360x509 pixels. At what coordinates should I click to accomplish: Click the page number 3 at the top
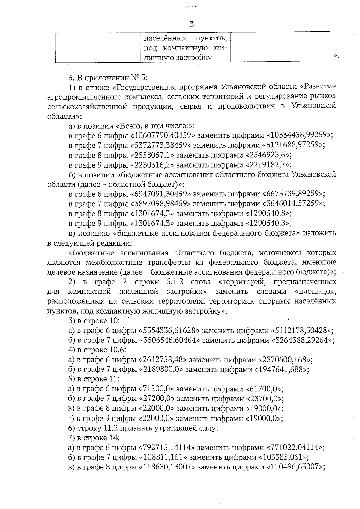pyautogui.click(x=192, y=24)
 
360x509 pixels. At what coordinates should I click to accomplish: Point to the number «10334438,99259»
pyautogui.click(x=298, y=135)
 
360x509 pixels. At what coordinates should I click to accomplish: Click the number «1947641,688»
pyautogui.click(x=281, y=369)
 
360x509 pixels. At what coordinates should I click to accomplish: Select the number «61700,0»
pyautogui.click(x=265, y=389)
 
